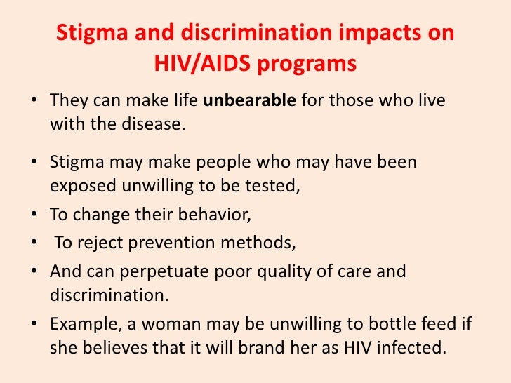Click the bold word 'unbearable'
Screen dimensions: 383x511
[x=251, y=100]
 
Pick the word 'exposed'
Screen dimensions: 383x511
[x=79, y=187]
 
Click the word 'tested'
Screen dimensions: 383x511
[x=261, y=187]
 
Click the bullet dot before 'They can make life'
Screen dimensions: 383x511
[x=34, y=100]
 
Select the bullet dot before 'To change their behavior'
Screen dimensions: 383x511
[x=34, y=213]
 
